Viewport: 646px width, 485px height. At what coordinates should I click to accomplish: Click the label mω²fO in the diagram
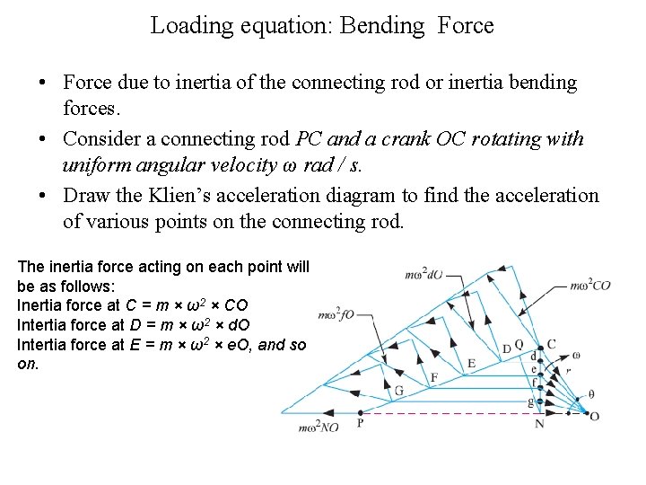coord(338,314)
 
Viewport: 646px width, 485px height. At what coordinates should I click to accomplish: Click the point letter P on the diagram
coord(359,422)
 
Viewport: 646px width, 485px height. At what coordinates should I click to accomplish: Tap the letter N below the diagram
coord(539,423)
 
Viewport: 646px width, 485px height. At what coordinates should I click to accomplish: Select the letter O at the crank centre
coord(593,415)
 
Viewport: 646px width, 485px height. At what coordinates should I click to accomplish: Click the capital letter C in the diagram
coord(551,344)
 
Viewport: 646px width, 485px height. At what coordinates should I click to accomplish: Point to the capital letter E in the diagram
coord(472,363)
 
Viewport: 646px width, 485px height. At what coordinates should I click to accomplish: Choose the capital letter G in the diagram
coord(398,390)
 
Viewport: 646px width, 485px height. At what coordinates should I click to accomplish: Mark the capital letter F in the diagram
coord(434,377)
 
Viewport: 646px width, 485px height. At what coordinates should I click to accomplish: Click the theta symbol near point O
coord(590,394)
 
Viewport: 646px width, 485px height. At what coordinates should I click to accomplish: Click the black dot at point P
coord(359,412)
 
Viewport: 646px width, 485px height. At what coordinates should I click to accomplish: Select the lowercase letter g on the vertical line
coord(531,401)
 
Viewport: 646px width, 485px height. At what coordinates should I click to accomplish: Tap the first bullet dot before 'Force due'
coord(43,84)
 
